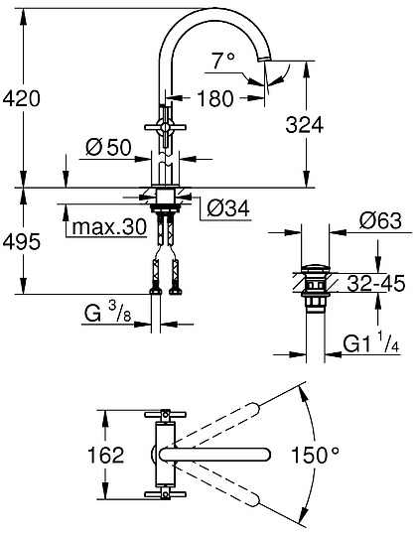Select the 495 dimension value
(x=22, y=238)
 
